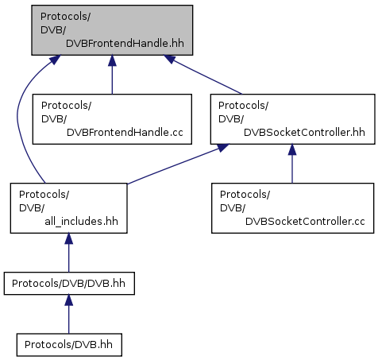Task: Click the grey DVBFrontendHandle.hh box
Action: (x=112, y=30)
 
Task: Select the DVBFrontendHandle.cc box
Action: (x=112, y=119)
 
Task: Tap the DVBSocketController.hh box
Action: (x=292, y=119)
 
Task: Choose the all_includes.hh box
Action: (x=68, y=208)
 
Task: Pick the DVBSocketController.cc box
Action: (x=292, y=208)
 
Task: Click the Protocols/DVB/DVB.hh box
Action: (x=69, y=284)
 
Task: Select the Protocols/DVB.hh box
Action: (x=69, y=345)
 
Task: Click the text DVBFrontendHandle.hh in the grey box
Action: (x=125, y=43)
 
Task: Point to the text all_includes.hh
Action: (x=81, y=221)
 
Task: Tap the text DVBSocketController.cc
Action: (x=305, y=221)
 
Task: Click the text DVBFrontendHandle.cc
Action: (x=125, y=132)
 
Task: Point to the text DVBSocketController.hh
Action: (x=304, y=132)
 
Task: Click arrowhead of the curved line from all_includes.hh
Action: (x=55, y=60)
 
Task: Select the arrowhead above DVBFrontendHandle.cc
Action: (x=112, y=60)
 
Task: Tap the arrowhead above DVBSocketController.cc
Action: (x=292, y=149)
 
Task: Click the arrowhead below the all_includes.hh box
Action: (x=68, y=238)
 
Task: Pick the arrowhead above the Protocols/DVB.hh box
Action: (x=68, y=300)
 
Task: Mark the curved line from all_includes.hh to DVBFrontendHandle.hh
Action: (x=17, y=117)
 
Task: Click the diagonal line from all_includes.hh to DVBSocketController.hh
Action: (x=178, y=164)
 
